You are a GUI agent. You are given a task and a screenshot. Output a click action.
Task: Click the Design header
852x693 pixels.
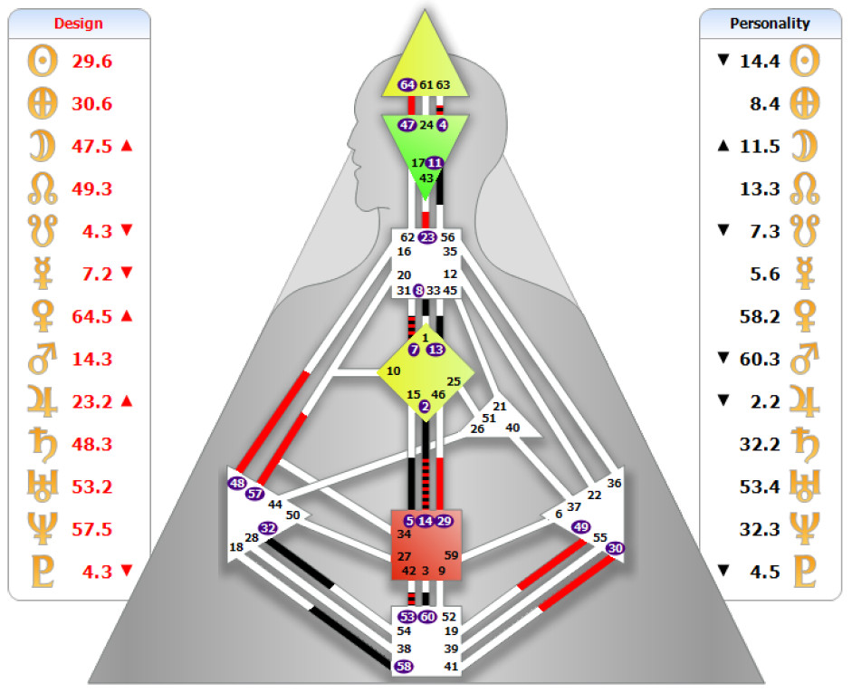click(79, 24)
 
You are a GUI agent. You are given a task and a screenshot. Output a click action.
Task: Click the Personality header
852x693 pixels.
click(770, 24)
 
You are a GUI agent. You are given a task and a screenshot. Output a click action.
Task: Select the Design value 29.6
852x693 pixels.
click(92, 63)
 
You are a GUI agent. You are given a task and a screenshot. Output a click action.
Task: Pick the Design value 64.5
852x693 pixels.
click(92, 316)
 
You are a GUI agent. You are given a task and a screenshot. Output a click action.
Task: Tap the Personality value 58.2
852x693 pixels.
click(761, 316)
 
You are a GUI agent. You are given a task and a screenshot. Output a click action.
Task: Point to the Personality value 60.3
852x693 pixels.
click(761, 359)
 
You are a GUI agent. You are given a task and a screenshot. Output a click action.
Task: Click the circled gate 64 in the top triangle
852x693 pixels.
click(407, 85)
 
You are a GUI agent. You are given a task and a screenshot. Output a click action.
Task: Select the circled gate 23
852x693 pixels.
click(427, 237)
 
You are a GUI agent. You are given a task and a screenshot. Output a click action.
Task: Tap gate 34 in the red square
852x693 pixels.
click(404, 534)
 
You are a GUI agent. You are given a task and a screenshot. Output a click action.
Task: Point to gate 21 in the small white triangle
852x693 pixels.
click(500, 407)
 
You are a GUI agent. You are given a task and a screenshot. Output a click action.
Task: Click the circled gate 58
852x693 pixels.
click(405, 666)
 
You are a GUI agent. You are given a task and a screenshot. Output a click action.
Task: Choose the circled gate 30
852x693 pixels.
click(616, 548)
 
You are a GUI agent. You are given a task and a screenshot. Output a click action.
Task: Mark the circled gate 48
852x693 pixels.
click(238, 483)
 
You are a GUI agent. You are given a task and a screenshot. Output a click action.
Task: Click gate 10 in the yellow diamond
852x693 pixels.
click(393, 371)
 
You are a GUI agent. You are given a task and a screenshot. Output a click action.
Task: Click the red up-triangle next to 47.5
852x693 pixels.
click(127, 147)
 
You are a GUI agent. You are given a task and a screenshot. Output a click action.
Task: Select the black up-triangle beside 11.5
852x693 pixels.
click(723, 147)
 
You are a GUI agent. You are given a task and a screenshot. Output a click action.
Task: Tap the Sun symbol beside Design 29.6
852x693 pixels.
click(42, 63)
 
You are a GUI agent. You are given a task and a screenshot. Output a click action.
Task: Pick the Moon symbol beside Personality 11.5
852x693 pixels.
click(804, 147)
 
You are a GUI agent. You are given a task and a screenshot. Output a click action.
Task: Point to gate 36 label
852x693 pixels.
click(615, 484)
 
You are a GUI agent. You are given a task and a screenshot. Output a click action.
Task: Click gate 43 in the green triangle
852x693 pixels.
click(426, 178)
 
